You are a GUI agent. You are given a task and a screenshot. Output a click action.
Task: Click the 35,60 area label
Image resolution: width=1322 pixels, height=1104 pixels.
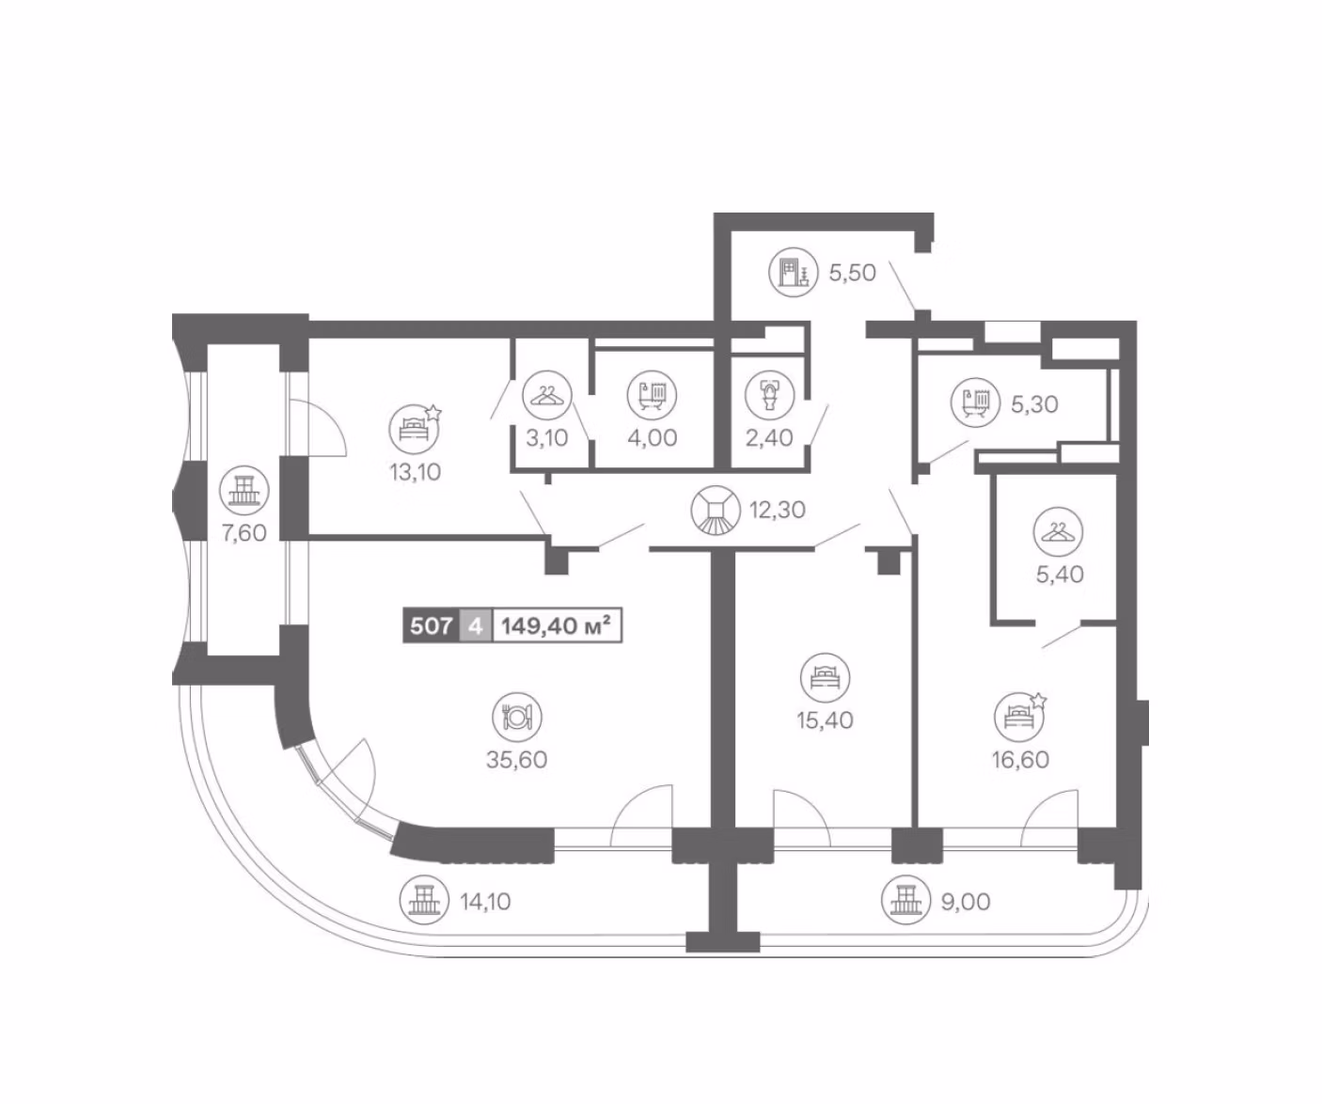coord(516,760)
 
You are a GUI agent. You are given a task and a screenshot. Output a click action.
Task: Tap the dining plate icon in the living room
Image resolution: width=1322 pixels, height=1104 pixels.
coord(516,717)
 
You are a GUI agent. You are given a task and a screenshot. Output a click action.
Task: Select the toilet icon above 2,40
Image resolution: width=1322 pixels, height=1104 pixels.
coord(770,395)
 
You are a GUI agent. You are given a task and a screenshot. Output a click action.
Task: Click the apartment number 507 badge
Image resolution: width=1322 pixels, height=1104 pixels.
coord(432,625)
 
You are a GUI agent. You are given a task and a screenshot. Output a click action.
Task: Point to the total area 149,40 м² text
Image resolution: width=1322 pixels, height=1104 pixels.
coord(557,625)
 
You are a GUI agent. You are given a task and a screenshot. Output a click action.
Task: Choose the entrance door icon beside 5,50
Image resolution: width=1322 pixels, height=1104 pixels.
coord(794,273)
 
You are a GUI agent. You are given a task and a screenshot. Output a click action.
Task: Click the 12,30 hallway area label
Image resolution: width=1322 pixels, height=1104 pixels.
coord(778,510)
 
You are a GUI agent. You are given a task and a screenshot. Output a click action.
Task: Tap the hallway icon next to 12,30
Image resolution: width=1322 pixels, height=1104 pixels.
coord(716,510)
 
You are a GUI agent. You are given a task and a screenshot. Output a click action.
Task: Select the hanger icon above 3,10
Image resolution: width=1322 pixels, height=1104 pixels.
coord(547,395)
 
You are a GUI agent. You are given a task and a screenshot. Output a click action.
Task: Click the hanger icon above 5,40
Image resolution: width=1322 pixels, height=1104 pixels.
coord(1058,532)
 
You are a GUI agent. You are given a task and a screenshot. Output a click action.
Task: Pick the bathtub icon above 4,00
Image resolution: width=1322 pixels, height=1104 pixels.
coord(653,395)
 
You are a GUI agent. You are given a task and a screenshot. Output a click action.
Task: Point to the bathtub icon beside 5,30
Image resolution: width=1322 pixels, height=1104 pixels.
coord(976,402)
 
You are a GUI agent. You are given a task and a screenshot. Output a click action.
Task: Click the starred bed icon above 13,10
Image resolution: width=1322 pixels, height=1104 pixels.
coord(415,429)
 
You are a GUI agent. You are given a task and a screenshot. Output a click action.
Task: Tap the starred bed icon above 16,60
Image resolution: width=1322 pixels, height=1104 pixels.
coord(1020,717)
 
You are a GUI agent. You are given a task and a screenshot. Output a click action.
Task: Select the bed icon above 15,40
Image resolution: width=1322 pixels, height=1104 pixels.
coord(825,678)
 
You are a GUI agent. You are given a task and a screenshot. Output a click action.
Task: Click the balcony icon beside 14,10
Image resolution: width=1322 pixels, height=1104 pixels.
coord(424,900)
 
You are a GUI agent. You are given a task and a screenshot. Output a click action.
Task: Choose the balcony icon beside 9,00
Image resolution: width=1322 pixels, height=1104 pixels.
coord(906,900)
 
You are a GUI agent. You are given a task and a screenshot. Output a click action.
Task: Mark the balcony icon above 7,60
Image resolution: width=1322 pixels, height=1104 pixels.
coord(244,490)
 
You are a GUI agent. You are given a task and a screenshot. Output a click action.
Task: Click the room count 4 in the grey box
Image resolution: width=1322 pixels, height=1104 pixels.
coord(476,625)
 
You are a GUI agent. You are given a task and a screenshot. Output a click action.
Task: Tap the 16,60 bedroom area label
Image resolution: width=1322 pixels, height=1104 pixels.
coord(1020,760)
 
